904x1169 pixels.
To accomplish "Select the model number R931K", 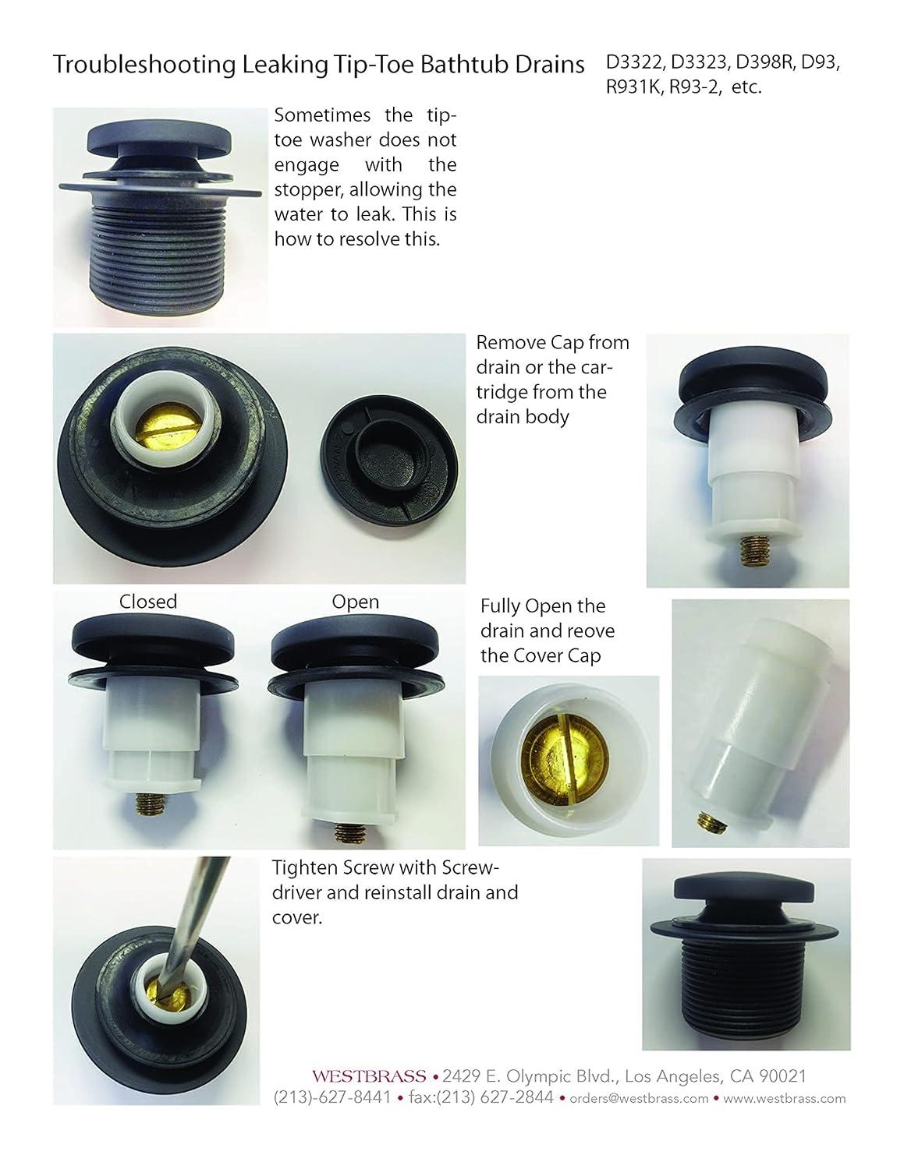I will pyautogui.click(x=634, y=87).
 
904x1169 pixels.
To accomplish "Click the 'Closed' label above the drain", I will pyautogui.click(x=147, y=602).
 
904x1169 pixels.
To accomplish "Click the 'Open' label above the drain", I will pyautogui.click(x=355, y=602).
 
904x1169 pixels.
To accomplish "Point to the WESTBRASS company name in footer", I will pyautogui.click(x=369, y=1076).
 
